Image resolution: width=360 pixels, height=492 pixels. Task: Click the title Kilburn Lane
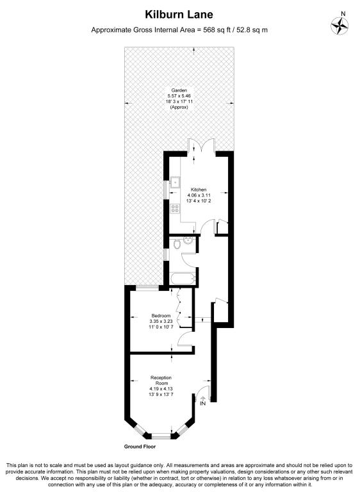[x=179, y=15]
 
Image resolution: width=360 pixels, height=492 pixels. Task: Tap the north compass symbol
[x=340, y=25]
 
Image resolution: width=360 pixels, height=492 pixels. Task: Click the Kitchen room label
[x=199, y=190]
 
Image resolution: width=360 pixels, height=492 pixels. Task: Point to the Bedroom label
[x=161, y=316]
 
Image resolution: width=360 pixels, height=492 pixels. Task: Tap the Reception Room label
[x=161, y=381]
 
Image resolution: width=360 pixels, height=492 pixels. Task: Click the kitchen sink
[x=174, y=182]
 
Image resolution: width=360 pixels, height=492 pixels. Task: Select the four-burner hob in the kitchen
[x=175, y=208]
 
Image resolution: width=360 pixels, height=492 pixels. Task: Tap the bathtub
[x=183, y=278]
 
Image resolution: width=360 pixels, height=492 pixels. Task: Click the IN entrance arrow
[x=203, y=401]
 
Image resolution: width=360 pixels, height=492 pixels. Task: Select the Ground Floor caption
[x=140, y=447]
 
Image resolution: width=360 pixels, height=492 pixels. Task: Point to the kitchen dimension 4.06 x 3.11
[x=199, y=195]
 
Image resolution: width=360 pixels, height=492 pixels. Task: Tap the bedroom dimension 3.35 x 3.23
[x=161, y=322]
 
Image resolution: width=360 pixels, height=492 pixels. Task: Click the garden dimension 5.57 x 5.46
[x=179, y=96]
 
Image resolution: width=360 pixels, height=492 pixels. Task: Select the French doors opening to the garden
[x=202, y=147]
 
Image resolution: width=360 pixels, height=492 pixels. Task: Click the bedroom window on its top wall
[x=147, y=287]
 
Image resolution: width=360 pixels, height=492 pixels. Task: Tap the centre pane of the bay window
[x=161, y=436]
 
